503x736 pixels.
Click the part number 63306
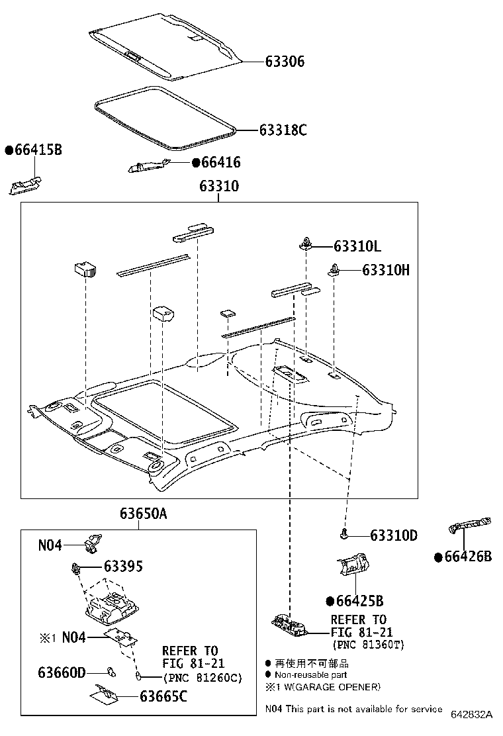coord(285,62)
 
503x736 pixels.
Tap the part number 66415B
coord(37,150)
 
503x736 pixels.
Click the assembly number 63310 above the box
coord(219,187)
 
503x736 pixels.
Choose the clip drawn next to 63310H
coord(334,269)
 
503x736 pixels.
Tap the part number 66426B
coord(467,557)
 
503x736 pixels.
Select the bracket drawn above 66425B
coord(351,565)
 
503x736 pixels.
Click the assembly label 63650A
coord(144,514)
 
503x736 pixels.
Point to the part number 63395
coord(122,567)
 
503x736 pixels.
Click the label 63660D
coord(62,672)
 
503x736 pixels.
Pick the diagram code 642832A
coord(472,715)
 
